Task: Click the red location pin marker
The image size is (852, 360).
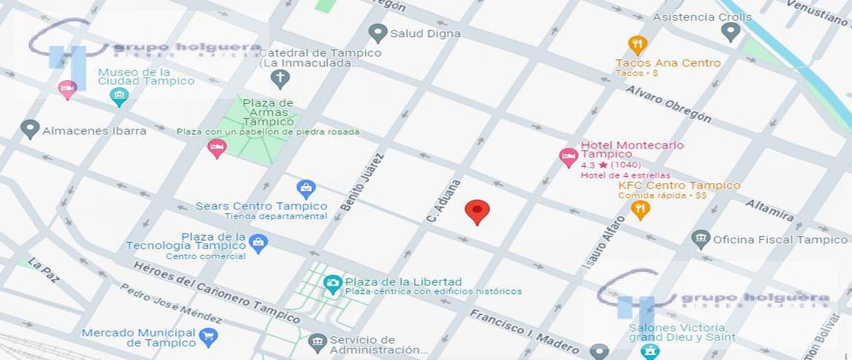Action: [476, 212]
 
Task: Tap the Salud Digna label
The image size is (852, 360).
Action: [425, 33]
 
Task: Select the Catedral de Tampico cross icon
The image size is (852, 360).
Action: [280, 78]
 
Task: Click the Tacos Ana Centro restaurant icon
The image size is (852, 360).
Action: [638, 45]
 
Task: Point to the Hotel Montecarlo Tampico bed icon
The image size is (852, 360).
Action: [568, 157]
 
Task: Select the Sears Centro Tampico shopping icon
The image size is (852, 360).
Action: [306, 189]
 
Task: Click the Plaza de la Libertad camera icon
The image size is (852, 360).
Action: [332, 284]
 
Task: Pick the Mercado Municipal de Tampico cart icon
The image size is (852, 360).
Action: [208, 337]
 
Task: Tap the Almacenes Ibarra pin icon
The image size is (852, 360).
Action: [30, 129]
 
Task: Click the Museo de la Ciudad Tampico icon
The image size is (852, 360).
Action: [119, 97]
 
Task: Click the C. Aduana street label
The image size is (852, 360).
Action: [444, 202]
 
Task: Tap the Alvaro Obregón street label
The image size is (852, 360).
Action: [667, 104]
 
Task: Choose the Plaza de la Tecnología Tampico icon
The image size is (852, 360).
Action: [258, 243]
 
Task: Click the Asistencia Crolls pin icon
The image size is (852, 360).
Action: [730, 31]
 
